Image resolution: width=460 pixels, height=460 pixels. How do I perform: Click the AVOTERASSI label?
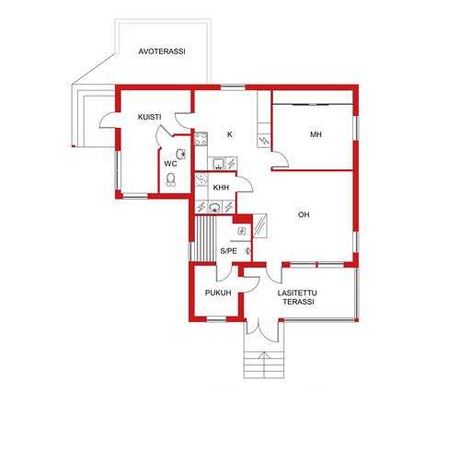tap(162, 52)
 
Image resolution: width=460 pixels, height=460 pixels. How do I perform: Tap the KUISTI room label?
tap(149, 117)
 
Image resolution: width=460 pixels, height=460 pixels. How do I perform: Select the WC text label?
tap(170, 164)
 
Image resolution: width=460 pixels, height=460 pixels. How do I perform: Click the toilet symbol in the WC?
tap(170, 179)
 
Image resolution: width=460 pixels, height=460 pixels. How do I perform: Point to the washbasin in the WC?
tap(180, 154)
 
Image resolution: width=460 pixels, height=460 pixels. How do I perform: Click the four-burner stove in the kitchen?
tap(201, 139)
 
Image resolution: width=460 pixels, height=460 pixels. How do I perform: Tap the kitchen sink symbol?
tap(218, 164)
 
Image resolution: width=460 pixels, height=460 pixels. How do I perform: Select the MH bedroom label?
tap(316, 134)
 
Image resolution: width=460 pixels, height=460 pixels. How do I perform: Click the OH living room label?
tap(304, 214)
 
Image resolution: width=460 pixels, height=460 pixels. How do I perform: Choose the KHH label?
tap(221, 188)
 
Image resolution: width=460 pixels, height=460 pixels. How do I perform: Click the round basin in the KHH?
tap(214, 207)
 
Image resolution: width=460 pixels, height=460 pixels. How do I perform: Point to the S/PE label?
tap(228, 251)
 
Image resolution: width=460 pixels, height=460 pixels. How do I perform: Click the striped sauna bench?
tap(204, 239)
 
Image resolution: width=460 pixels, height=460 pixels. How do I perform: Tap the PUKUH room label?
tap(218, 293)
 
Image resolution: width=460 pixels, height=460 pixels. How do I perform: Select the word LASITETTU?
tap(297, 293)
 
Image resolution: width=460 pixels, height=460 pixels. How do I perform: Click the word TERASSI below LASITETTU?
tap(298, 302)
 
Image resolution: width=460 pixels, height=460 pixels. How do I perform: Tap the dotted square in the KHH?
tap(201, 179)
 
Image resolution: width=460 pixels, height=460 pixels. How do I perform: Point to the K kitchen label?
tap(230, 134)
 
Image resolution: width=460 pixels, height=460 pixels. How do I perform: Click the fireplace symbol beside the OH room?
tap(260, 225)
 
